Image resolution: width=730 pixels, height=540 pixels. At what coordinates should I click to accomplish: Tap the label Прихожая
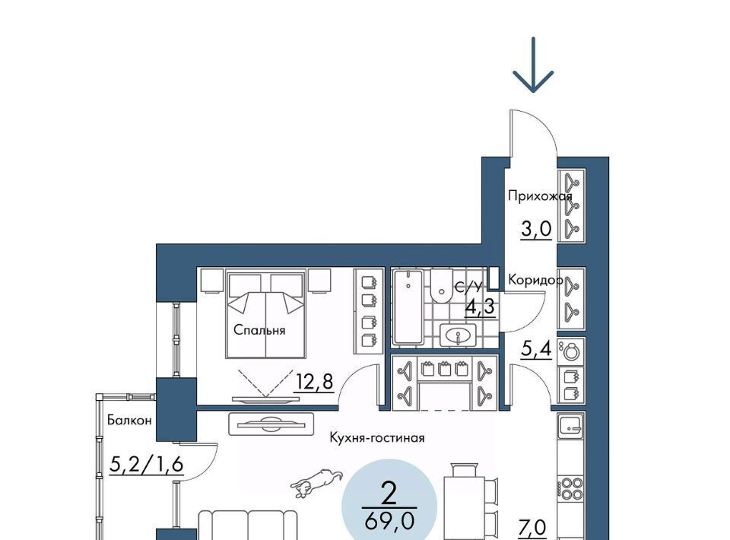pyautogui.click(x=540, y=196)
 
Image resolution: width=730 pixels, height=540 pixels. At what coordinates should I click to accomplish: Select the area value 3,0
pyautogui.click(x=536, y=229)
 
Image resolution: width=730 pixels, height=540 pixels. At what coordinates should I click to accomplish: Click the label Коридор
pyautogui.click(x=535, y=280)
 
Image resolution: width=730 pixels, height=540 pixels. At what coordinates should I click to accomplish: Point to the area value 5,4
pyautogui.click(x=536, y=348)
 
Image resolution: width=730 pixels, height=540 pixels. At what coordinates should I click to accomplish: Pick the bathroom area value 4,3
pyautogui.click(x=480, y=307)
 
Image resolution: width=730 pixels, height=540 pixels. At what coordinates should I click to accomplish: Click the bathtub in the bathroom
pyautogui.click(x=408, y=307)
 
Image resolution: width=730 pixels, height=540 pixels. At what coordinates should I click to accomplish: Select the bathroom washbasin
pyautogui.click(x=459, y=335)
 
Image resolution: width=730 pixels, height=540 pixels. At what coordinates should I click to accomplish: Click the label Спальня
pyautogui.click(x=259, y=331)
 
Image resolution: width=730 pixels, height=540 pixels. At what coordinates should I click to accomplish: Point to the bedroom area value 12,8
pyautogui.click(x=314, y=383)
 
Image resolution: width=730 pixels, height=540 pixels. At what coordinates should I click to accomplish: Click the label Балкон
pyautogui.click(x=129, y=420)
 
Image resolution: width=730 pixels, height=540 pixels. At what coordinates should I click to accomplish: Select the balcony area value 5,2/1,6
pyautogui.click(x=147, y=464)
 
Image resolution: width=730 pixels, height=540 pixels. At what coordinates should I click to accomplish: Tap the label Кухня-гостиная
pyautogui.click(x=377, y=437)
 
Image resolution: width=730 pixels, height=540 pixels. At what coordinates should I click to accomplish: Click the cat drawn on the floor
pyautogui.click(x=316, y=482)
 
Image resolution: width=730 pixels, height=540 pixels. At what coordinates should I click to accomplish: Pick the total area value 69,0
pyautogui.click(x=389, y=522)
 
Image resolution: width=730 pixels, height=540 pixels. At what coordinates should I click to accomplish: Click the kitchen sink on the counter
pyautogui.click(x=571, y=426)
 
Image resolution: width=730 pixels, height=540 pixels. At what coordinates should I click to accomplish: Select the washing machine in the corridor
pyautogui.click(x=571, y=351)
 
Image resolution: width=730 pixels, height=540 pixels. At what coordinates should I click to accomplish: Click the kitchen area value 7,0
pyautogui.click(x=532, y=529)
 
